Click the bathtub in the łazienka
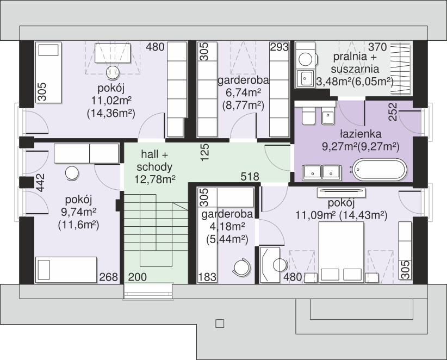[379, 170]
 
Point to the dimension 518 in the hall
[250, 177]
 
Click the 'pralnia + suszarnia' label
[355, 63]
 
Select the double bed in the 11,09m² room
[342, 252]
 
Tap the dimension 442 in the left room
[40, 183]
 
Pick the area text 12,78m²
[154, 179]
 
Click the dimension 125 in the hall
[204, 152]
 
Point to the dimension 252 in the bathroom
[393, 111]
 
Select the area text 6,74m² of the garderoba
[244, 93]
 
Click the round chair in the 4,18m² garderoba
[242, 266]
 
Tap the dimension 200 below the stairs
[138, 277]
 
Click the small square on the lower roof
[220, 324]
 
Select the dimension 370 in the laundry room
[377, 47]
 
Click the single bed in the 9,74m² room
[66, 270]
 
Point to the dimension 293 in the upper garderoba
[280, 47]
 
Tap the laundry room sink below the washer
[305, 78]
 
